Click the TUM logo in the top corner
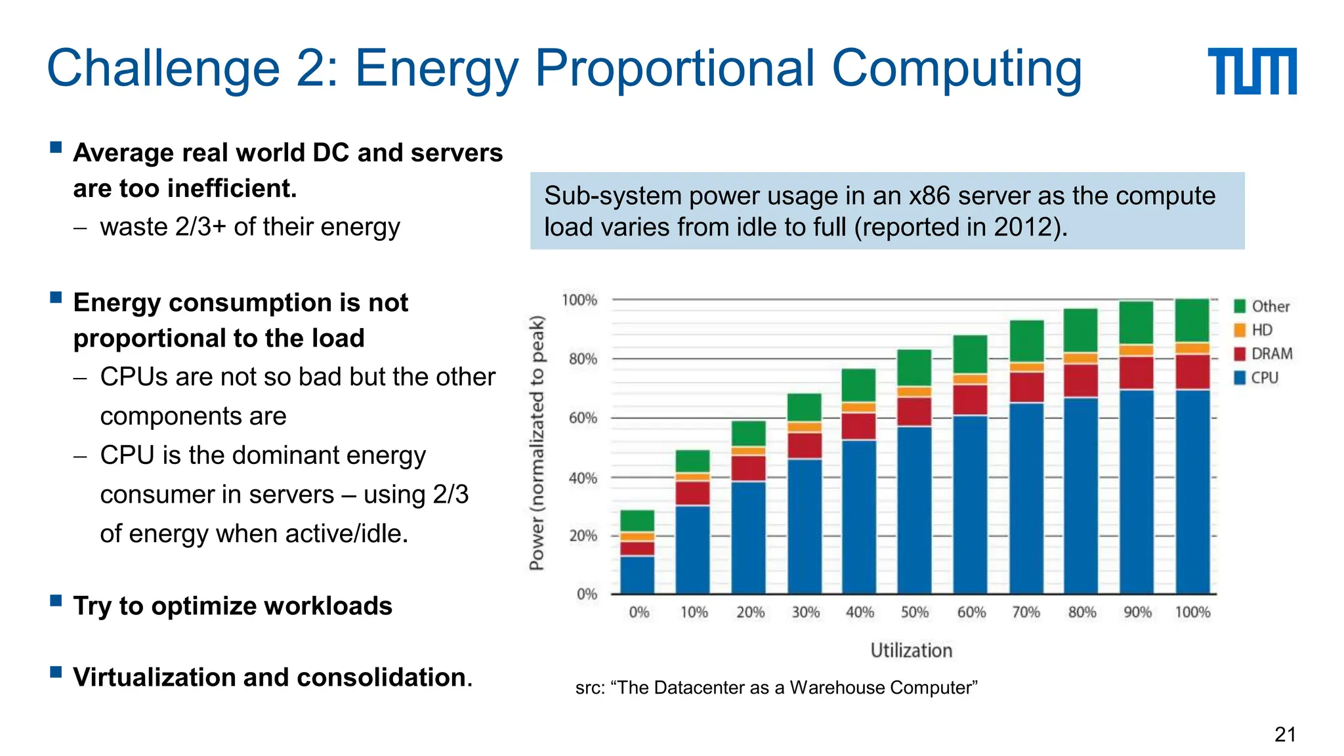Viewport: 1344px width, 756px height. click(1251, 71)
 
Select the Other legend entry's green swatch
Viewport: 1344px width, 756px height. click(1240, 306)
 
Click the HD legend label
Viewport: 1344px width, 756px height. click(1262, 330)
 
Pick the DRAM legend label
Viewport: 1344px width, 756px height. click(1272, 354)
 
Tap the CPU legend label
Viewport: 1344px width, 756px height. click(1265, 378)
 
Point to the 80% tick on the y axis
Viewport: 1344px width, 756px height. click(583, 359)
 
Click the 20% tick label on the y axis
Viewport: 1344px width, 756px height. click(583, 536)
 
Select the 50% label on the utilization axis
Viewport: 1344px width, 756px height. click(914, 612)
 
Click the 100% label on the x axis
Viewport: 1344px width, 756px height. click(1192, 612)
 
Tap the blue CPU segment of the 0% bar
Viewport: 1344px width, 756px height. click(637, 575)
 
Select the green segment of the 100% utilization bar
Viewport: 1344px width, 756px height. click(1192, 320)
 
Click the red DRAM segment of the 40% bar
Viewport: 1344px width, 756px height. click(859, 426)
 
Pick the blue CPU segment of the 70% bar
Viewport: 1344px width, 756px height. click(1026, 499)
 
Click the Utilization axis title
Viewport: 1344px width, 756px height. click(911, 650)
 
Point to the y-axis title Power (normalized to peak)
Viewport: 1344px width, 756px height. click(537, 443)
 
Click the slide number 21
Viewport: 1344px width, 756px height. click(1285, 734)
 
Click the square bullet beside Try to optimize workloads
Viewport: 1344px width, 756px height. click(56, 600)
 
